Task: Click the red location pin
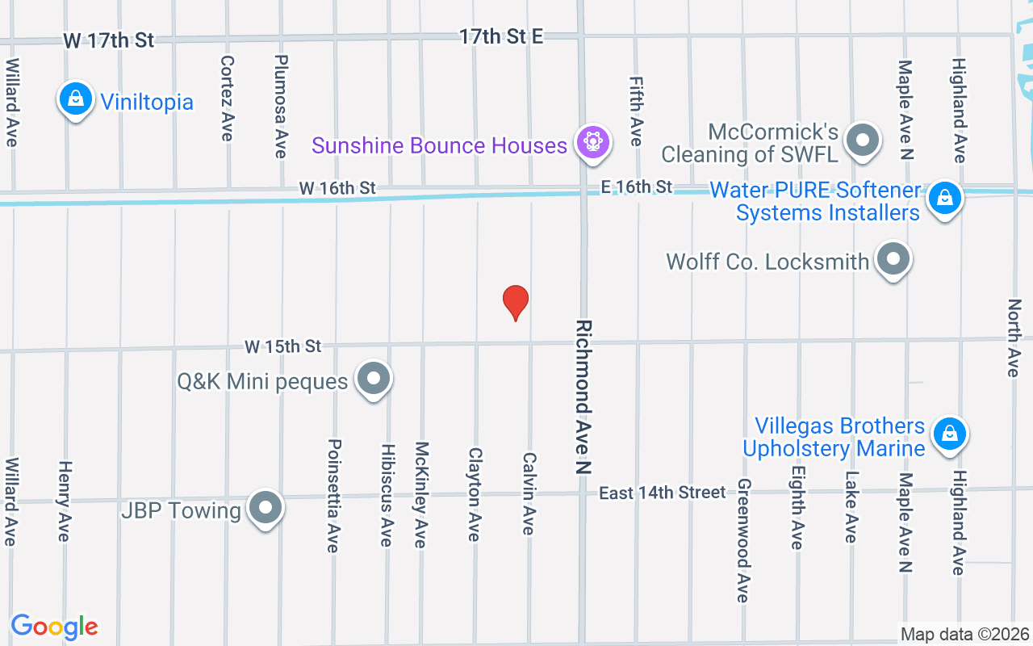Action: (516, 302)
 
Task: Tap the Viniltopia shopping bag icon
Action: (75, 100)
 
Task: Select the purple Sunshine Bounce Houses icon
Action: (593, 142)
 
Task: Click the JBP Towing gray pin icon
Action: (266, 509)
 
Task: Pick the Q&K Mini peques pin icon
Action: (373, 378)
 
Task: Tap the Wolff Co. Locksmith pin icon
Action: (893, 260)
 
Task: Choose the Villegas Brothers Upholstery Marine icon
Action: (949, 434)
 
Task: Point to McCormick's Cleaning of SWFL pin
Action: (863, 140)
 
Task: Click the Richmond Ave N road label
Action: (583, 396)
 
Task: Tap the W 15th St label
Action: (283, 346)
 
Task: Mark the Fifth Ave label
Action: (636, 111)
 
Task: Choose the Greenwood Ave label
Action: (743, 540)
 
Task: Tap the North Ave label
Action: (1014, 338)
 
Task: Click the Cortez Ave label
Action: (227, 98)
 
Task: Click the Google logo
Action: (54, 627)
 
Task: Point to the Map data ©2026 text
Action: (965, 635)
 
